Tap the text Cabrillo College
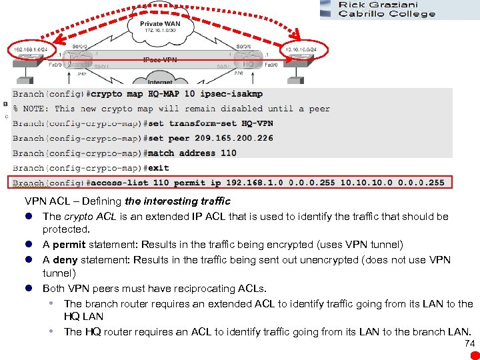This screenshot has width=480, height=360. click(x=387, y=14)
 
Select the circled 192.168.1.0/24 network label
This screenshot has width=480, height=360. click(x=29, y=49)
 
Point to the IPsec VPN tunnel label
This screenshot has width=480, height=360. click(x=160, y=59)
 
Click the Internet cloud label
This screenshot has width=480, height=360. click(x=160, y=83)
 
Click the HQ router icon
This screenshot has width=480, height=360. click(x=249, y=64)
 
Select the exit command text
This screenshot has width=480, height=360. click(x=156, y=167)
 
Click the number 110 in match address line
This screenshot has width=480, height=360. click(x=228, y=153)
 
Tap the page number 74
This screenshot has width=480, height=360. click(x=469, y=343)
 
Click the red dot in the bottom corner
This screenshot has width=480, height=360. click(x=474, y=355)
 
